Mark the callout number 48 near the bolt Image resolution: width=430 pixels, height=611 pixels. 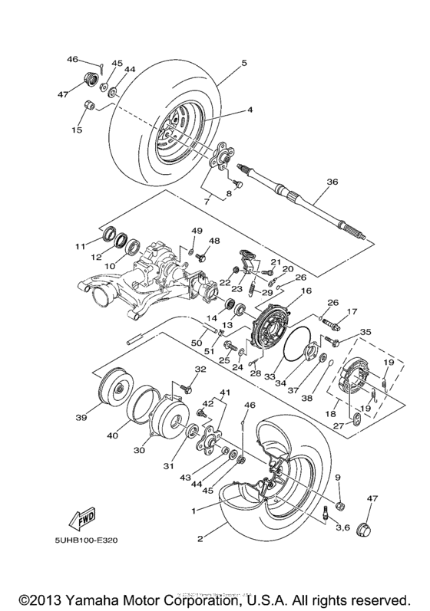tap(215, 241)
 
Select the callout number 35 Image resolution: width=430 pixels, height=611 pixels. tap(365, 332)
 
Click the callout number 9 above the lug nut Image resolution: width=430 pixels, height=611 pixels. tap(337, 478)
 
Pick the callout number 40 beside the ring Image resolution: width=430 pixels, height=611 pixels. tap(113, 435)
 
